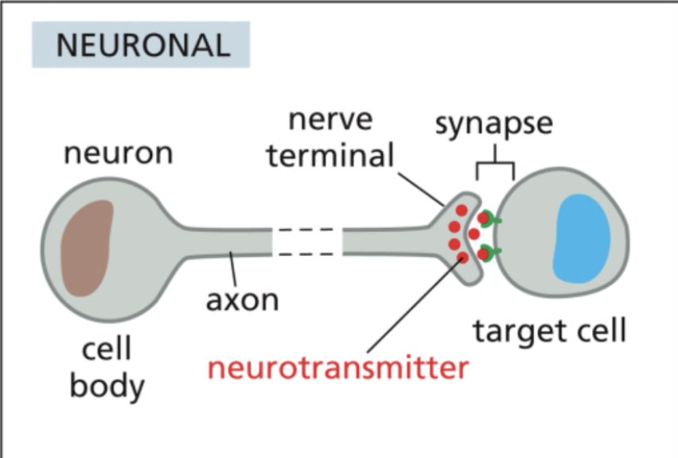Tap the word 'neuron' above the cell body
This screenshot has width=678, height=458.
pyautogui.click(x=118, y=152)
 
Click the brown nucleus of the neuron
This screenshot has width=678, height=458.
pyautogui.click(x=87, y=248)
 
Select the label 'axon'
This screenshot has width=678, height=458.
pyautogui.click(x=242, y=301)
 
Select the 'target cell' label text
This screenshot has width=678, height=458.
pyautogui.click(x=550, y=329)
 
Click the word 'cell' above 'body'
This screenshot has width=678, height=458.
pyautogui.click(x=107, y=350)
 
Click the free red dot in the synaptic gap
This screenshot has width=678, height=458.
pyautogui.click(x=473, y=234)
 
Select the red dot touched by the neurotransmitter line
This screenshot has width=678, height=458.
pyautogui.click(x=462, y=258)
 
